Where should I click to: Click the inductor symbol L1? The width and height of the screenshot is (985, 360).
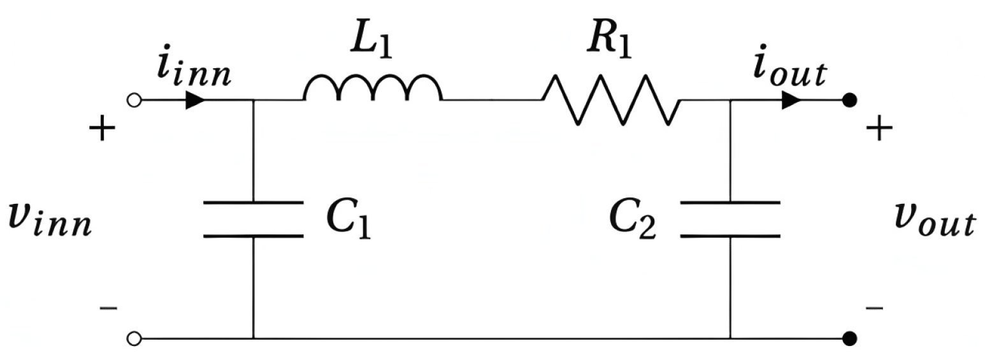tap(373, 89)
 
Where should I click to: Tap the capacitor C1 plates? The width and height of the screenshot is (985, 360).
tap(253, 219)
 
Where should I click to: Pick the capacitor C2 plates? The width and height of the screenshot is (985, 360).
tap(730, 219)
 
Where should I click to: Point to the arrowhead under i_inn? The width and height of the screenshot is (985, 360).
tap(195, 100)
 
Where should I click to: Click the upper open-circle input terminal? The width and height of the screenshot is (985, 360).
tap(134, 100)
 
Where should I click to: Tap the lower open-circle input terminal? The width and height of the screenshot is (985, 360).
tap(134, 338)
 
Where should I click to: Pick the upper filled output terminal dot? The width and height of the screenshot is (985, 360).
tap(849, 100)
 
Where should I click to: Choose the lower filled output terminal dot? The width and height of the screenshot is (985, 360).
tap(849, 338)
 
